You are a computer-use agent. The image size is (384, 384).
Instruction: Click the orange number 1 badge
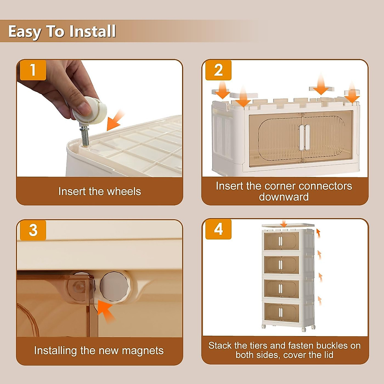coord(33,70)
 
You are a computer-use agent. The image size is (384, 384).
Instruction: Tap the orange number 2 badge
coord(219,70)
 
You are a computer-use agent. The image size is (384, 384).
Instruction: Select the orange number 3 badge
coord(33,230)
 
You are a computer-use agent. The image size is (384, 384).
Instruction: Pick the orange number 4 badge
coord(219,229)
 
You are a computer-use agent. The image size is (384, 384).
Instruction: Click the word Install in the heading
coord(92,31)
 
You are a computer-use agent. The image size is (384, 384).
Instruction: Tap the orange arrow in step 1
coord(115,120)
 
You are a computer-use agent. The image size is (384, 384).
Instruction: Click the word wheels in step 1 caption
coord(124,191)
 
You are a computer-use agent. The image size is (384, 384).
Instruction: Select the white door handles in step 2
coord(305,137)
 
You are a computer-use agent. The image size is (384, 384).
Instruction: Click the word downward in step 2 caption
coord(284,197)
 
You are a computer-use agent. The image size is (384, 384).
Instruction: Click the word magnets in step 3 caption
coord(143,351)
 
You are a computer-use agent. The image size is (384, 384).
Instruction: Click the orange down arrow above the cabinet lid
coord(284,224)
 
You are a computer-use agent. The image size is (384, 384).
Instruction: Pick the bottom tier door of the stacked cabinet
coord(282,312)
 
